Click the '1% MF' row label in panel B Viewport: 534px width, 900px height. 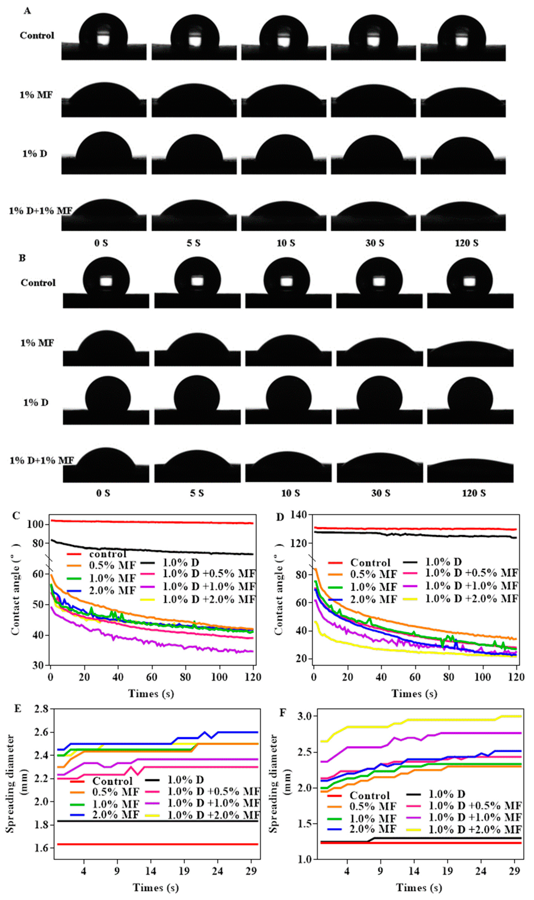(x=37, y=343)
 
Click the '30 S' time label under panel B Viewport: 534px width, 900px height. (x=380, y=493)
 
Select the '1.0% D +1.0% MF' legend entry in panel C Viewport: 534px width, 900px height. (x=209, y=586)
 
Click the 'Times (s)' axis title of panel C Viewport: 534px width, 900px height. (x=151, y=693)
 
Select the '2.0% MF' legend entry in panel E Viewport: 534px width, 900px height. (x=115, y=814)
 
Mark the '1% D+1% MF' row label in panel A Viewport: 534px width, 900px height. (x=40, y=211)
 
